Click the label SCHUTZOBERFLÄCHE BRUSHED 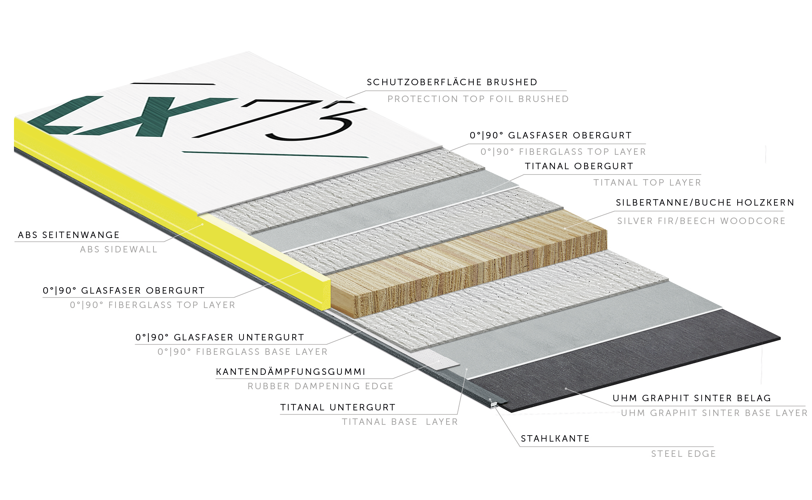click(x=452, y=82)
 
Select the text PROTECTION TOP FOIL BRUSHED click(x=478, y=99)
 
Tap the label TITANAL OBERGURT click(x=579, y=166)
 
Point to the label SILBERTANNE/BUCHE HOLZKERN click(x=705, y=202)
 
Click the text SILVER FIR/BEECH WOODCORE click(x=702, y=221)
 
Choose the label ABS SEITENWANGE click(x=69, y=235)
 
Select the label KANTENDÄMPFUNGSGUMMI click(x=291, y=372)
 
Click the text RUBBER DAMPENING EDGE click(x=321, y=386)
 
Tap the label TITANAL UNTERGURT click(x=338, y=407)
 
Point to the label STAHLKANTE click(x=555, y=438)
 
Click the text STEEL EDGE click(x=684, y=454)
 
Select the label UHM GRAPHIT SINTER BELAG click(x=692, y=398)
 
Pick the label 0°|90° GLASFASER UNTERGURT click(x=220, y=337)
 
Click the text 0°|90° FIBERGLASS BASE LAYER click(x=243, y=352)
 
